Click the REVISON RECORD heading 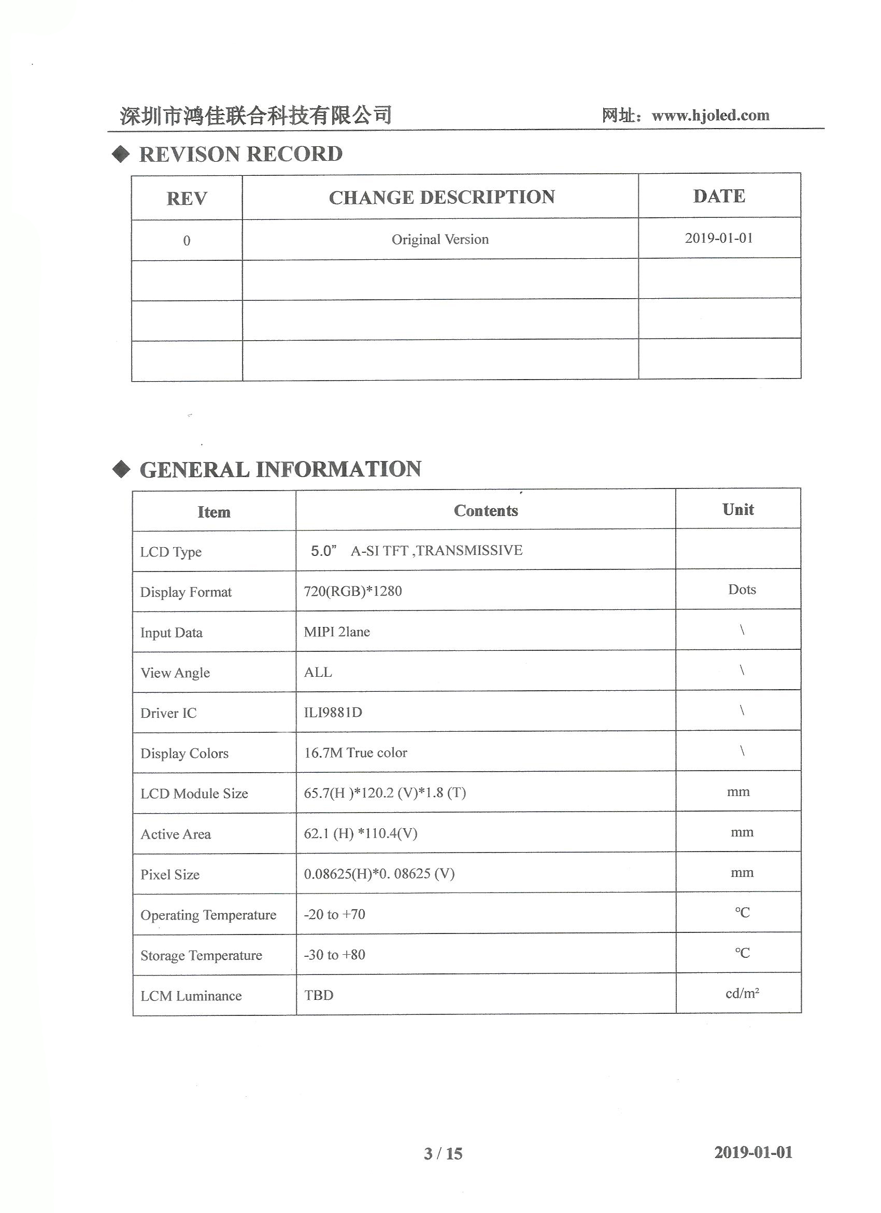click(x=240, y=155)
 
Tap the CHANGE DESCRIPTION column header click(x=442, y=198)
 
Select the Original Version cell click(x=440, y=240)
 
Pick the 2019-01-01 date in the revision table click(x=718, y=238)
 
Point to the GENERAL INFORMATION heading click(x=280, y=469)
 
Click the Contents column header click(x=486, y=511)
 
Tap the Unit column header click(x=738, y=510)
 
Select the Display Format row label click(x=186, y=592)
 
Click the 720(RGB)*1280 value click(x=353, y=591)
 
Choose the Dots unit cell click(x=742, y=589)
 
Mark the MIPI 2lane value click(x=337, y=632)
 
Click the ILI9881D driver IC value click(x=333, y=713)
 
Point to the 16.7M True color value click(x=356, y=752)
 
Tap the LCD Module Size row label click(x=194, y=793)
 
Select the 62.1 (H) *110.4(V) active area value click(x=361, y=833)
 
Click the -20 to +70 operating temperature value click(x=335, y=914)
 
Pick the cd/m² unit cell click(x=742, y=994)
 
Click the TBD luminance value click(x=319, y=995)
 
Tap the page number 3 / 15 click(x=443, y=1154)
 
